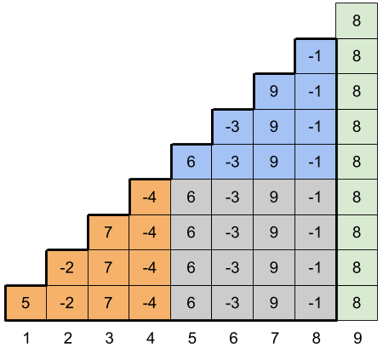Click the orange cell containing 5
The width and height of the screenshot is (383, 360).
pyautogui.click(x=26, y=303)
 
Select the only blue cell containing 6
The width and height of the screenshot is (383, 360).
pyautogui.click(x=191, y=162)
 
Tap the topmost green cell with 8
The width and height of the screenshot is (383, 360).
pyautogui.click(x=357, y=20)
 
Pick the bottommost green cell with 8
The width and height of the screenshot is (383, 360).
pyautogui.click(x=357, y=303)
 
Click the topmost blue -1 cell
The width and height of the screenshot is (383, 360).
pyautogui.click(x=316, y=56)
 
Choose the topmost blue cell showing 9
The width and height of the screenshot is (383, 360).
pyautogui.click(x=274, y=91)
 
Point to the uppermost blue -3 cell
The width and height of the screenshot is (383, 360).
pyautogui.click(x=232, y=127)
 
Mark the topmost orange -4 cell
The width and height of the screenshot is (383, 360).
pyautogui.click(x=150, y=197)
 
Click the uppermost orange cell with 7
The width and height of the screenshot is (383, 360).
pyautogui.click(x=108, y=232)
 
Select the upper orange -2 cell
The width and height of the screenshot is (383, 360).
pyautogui.click(x=67, y=268)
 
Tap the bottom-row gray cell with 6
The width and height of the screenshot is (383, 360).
pyautogui.click(x=191, y=303)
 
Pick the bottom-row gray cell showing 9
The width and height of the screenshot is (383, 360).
pyautogui.click(x=274, y=303)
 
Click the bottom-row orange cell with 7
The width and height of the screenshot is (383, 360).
pyautogui.click(x=108, y=303)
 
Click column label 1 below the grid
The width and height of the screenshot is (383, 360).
pyautogui.click(x=26, y=338)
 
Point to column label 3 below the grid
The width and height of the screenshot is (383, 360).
pyautogui.click(x=109, y=338)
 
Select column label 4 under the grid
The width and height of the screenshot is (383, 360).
pyautogui.click(x=151, y=338)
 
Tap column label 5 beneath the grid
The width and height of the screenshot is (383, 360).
pyautogui.click(x=192, y=338)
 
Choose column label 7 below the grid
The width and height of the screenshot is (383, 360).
pyautogui.click(x=275, y=338)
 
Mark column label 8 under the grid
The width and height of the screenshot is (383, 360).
pyautogui.click(x=316, y=338)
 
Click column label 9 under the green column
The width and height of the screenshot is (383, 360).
pyautogui.click(x=357, y=338)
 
